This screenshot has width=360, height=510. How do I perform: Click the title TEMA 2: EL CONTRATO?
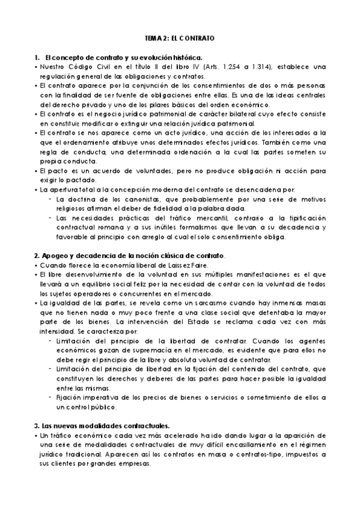point(180,37)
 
